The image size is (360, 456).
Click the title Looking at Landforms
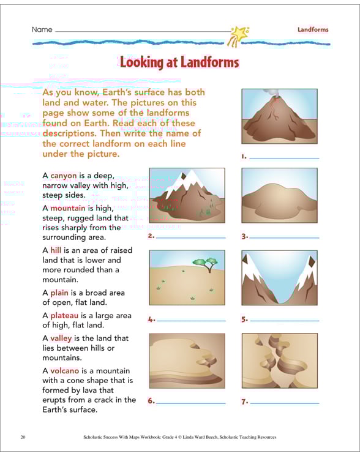(x=179, y=62)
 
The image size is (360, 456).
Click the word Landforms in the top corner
(x=313, y=29)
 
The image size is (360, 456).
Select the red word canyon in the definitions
(x=63, y=175)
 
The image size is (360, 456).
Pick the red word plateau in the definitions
(x=64, y=315)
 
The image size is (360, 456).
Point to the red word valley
(x=61, y=338)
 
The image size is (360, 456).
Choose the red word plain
(x=59, y=293)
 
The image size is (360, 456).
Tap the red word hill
(x=56, y=250)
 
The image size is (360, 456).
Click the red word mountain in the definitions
(x=68, y=207)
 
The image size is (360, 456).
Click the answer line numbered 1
(x=284, y=158)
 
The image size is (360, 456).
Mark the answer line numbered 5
(x=284, y=320)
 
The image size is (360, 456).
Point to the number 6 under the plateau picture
(x=151, y=402)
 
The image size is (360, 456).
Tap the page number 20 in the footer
(x=23, y=437)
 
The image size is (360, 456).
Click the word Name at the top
(x=42, y=29)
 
